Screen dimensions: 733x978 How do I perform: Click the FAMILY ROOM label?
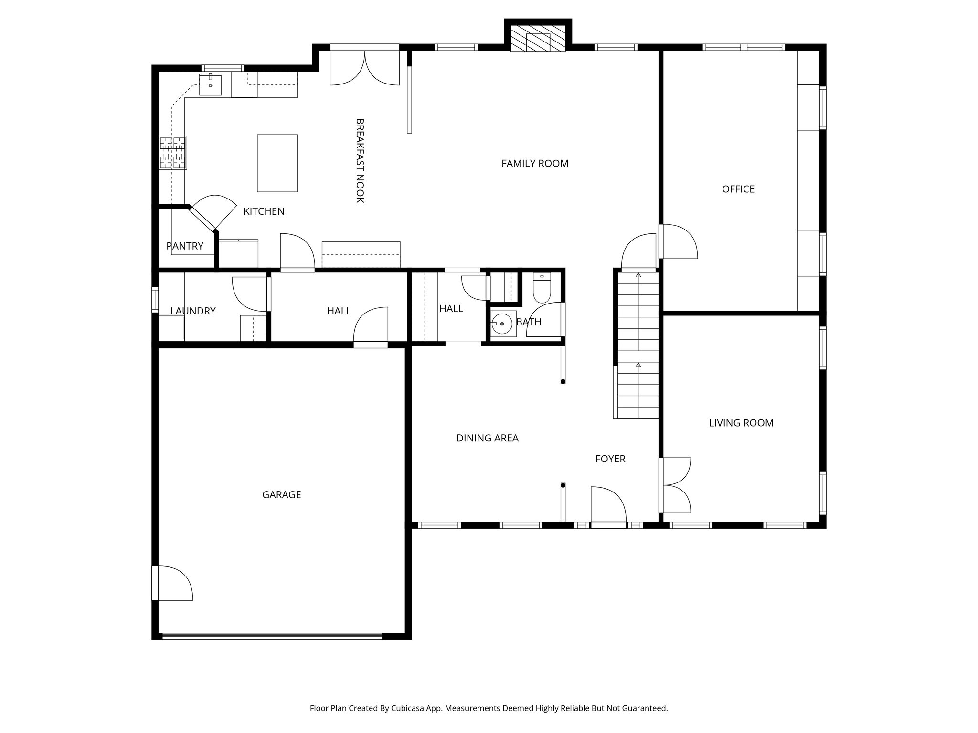(x=535, y=164)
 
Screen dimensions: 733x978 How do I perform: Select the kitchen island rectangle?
(x=277, y=163)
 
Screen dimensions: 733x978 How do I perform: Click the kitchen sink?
(x=210, y=85)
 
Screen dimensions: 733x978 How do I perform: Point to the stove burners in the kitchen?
(x=173, y=153)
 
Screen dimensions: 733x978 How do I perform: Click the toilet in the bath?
(x=542, y=289)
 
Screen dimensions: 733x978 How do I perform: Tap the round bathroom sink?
(x=502, y=324)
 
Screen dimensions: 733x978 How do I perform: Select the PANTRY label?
(x=185, y=246)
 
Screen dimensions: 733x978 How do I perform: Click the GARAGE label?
(x=281, y=495)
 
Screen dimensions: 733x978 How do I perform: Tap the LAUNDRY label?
(x=193, y=311)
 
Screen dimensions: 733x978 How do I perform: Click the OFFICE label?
(x=738, y=189)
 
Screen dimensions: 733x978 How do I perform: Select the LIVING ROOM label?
(x=741, y=423)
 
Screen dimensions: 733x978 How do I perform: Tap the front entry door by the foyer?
(x=607, y=507)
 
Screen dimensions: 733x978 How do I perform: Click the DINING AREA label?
(x=487, y=438)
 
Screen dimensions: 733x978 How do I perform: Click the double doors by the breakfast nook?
(x=365, y=68)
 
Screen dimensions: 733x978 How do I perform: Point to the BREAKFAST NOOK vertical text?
(x=360, y=160)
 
